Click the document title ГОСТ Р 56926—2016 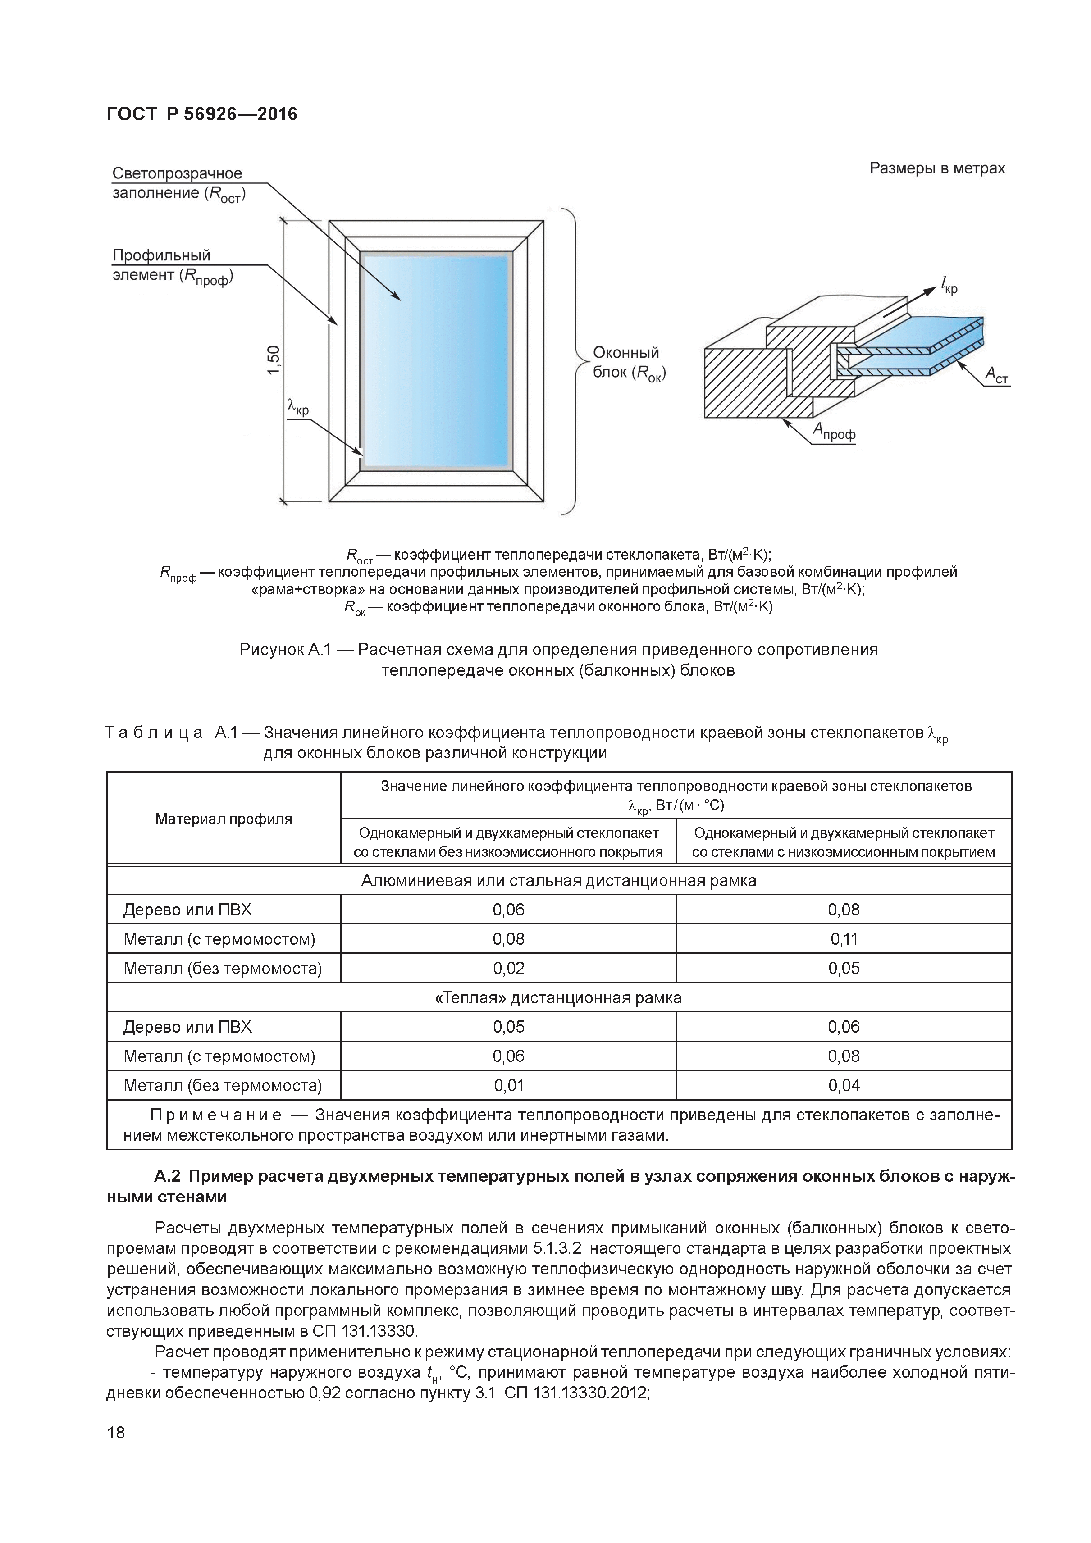point(202,114)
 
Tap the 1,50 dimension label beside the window point(273,361)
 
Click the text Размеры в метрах point(937,168)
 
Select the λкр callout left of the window point(298,407)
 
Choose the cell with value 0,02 point(508,969)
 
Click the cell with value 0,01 point(508,1085)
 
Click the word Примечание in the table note point(215,1115)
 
